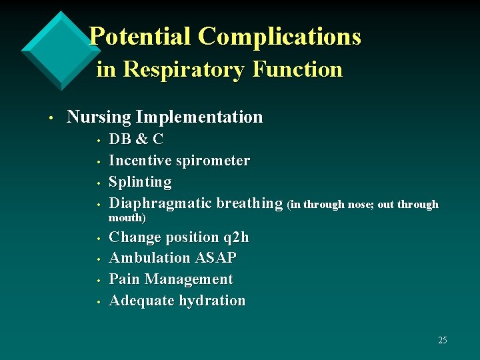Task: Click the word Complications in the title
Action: [279, 36]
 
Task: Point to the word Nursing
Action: [99, 117]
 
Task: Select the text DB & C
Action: [136, 139]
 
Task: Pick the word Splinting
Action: [140, 182]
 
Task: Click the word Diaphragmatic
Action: [160, 203]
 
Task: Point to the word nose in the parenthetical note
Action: [360, 205]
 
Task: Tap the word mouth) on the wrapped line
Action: [127, 218]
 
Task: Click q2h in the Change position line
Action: [236, 237]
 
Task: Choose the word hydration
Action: [211, 301]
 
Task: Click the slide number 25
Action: [443, 341]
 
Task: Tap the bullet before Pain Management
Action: [98, 281]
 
